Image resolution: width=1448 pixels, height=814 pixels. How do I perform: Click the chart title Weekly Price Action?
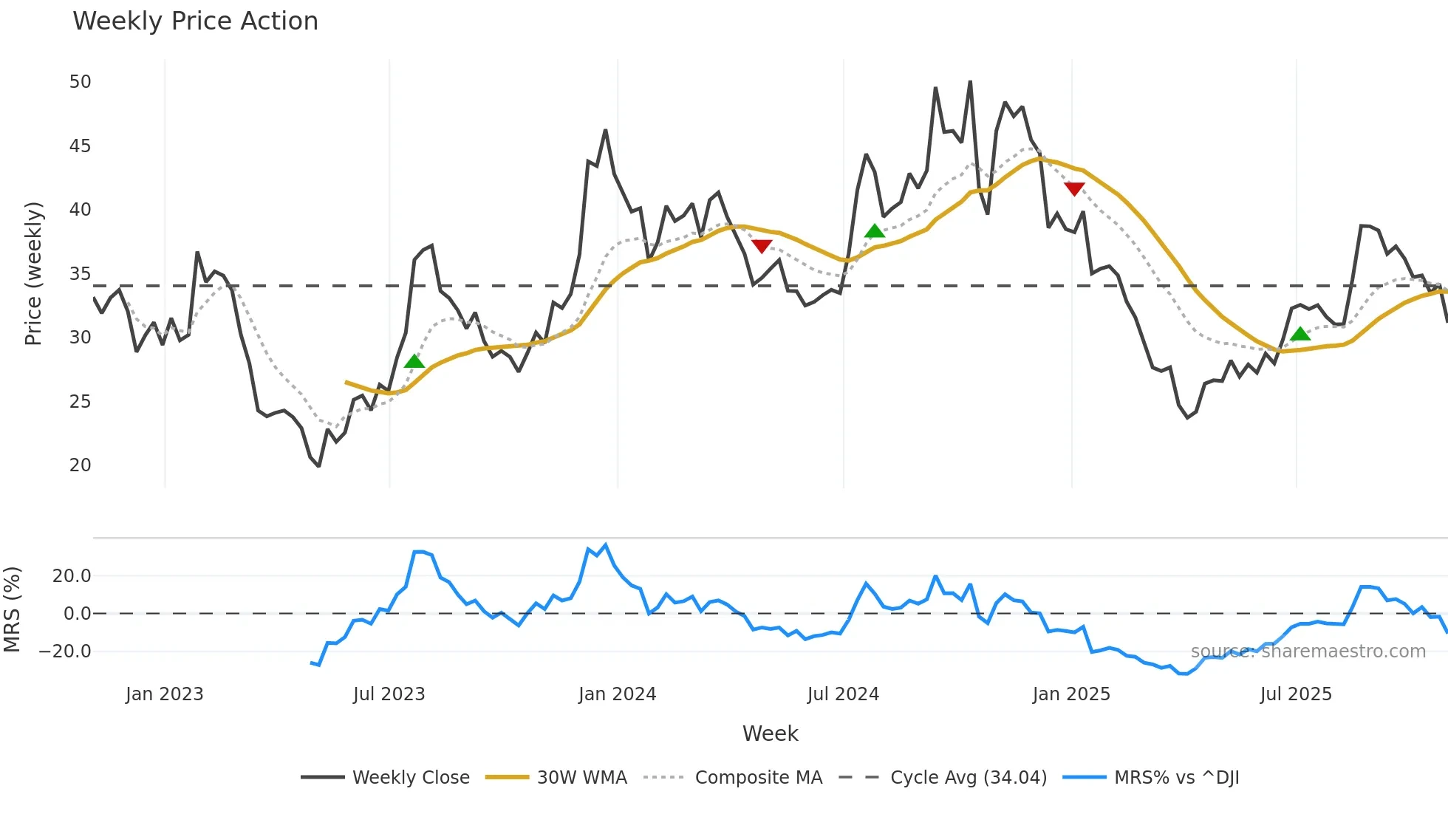coord(195,21)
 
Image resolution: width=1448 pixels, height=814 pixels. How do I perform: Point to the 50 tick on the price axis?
coord(80,82)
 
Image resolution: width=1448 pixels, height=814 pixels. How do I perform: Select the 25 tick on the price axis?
coord(80,402)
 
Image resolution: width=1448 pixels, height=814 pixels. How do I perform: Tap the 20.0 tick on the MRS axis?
coord(72,576)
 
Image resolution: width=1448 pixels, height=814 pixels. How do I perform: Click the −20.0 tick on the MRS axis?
coord(65,651)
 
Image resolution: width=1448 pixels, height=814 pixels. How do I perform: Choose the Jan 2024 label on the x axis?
coord(617,694)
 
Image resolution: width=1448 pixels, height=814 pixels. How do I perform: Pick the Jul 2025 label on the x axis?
coord(1296,694)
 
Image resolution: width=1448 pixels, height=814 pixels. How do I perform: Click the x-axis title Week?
coord(770,733)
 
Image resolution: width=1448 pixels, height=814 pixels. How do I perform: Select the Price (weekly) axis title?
coord(34,273)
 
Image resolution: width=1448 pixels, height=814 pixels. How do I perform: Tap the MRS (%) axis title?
coord(13,609)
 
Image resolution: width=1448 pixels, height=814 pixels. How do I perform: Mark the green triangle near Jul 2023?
coord(414,361)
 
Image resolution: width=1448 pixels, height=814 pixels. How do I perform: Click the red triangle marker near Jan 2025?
coord(1074,189)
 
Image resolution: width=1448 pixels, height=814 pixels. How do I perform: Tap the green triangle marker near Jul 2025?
coord(1300,335)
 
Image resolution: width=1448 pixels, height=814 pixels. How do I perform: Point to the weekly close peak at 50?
coord(970,82)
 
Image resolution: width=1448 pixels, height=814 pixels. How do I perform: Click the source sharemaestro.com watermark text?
coord(1308,651)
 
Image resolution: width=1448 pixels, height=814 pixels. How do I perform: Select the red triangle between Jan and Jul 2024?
coord(762,246)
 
